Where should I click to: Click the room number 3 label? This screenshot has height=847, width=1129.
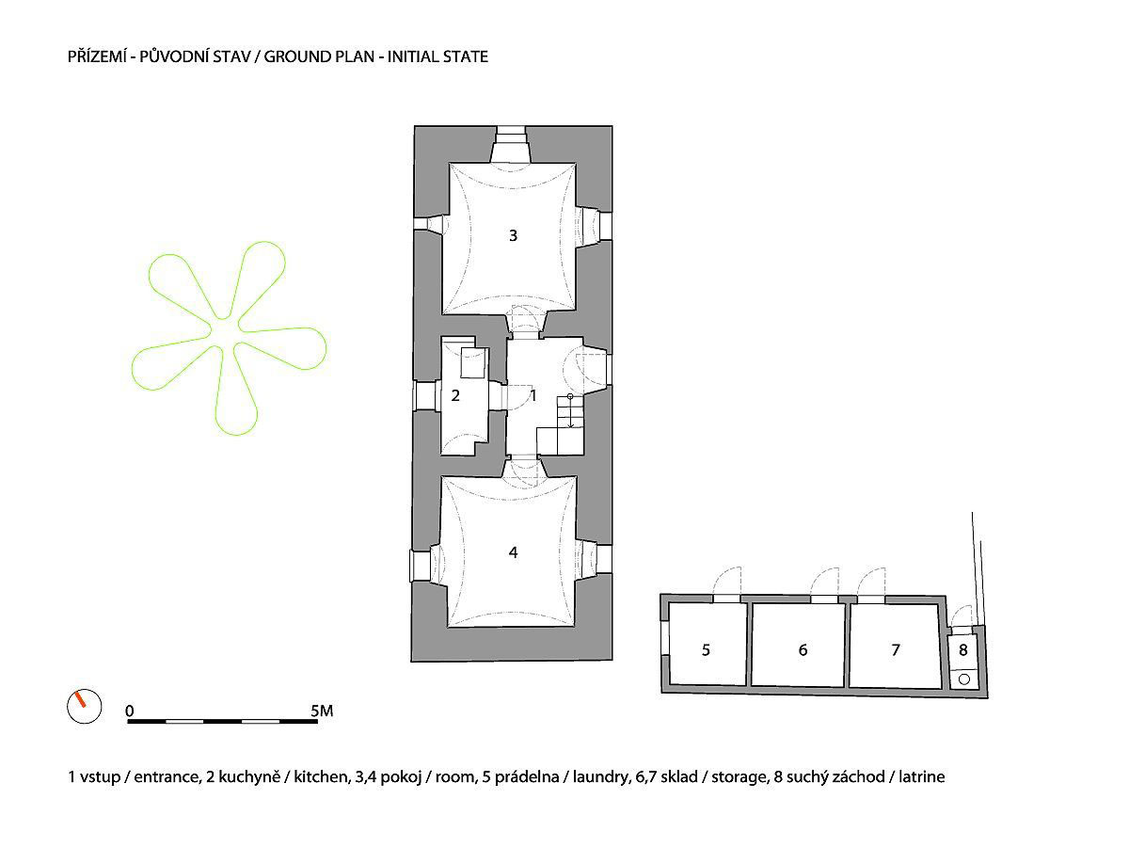coord(513,236)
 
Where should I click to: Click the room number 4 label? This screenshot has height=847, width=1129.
coord(513,552)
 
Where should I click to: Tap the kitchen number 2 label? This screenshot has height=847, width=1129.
coord(455,395)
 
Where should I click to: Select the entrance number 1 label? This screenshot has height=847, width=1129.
coord(533,395)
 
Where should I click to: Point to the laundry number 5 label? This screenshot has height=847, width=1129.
coord(706,649)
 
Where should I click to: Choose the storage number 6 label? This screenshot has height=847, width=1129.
coord(803,649)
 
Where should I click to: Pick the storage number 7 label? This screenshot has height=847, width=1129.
coord(895,649)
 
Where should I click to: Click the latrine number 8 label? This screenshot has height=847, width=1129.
coord(963,648)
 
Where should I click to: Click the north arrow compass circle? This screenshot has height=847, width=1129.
coord(83,706)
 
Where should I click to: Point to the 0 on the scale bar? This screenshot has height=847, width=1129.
coord(129,711)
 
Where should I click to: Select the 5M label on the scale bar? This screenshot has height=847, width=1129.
coord(320,711)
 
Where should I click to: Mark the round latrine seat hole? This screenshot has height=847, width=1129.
coord(963,678)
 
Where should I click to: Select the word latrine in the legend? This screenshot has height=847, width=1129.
coord(921,777)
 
